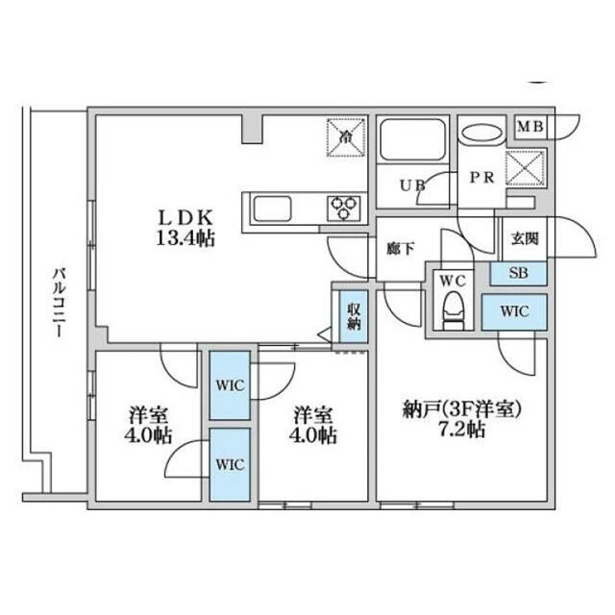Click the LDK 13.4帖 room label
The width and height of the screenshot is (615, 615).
[x=185, y=228]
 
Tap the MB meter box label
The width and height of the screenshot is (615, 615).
[x=530, y=126]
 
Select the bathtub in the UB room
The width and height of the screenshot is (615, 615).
[x=412, y=139]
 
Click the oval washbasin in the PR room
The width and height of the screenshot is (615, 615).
[x=481, y=132]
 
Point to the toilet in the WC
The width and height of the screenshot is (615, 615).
[x=453, y=309]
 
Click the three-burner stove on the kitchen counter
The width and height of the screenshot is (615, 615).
[x=344, y=208]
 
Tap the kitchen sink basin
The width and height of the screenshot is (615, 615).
[x=273, y=209]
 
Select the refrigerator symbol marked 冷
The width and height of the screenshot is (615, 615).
[x=346, y=137]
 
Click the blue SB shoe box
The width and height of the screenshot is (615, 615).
[x=518, y=273]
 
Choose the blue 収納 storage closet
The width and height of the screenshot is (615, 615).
[x=354, y=316]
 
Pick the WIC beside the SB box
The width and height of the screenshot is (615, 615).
[x=514, y=311]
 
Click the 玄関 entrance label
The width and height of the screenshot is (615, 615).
[x=525, y=239]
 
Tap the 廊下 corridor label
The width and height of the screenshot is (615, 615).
[x=400, y=248]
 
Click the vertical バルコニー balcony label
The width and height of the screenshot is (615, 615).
[x=59, y=302]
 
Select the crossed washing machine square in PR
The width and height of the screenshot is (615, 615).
[x=525, y=168]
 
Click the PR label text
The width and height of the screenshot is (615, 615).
[x=481, y=178]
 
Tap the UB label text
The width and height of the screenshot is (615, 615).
[x=412, y=184]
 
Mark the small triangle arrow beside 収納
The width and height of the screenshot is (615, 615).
[x=325, y=334]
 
